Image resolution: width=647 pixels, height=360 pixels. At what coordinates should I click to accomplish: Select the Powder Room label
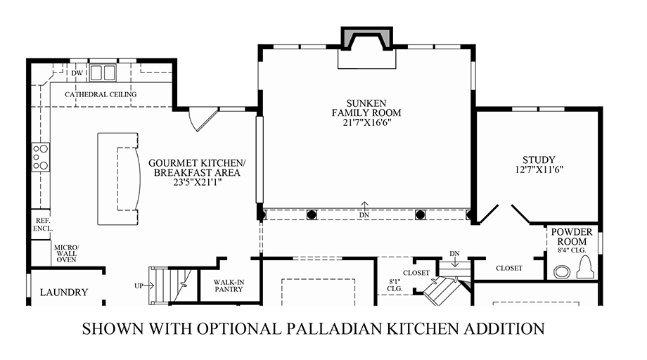coord(572,237)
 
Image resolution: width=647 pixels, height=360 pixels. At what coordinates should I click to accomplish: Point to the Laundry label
coord(64,292)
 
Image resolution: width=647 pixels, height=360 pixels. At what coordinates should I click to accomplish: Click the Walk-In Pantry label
coord(229,285)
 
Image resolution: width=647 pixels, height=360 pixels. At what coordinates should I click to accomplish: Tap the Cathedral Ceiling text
coord(101,94)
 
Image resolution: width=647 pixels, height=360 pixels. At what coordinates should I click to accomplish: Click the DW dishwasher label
coord(77,73)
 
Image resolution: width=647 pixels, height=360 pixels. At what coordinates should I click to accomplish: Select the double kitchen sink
coord(103,73)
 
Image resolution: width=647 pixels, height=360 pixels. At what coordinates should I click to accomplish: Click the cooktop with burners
coord(41,157)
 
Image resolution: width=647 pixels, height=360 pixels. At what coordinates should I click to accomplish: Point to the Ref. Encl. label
coord(43,225)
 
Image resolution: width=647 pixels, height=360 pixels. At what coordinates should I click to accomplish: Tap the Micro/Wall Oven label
coord(66,253)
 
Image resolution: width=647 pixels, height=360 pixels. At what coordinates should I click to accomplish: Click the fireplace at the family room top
coord(367,39)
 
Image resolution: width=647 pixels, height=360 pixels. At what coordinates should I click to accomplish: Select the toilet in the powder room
coord(585,267)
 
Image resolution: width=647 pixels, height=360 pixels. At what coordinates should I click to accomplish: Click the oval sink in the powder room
coord(562,271)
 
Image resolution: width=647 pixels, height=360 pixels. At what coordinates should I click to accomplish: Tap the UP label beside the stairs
coord(139,285)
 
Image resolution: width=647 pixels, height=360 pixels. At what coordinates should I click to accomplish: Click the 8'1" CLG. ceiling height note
coord(395,285)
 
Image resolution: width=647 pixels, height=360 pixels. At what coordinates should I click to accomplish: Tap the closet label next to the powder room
coord(509,268)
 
